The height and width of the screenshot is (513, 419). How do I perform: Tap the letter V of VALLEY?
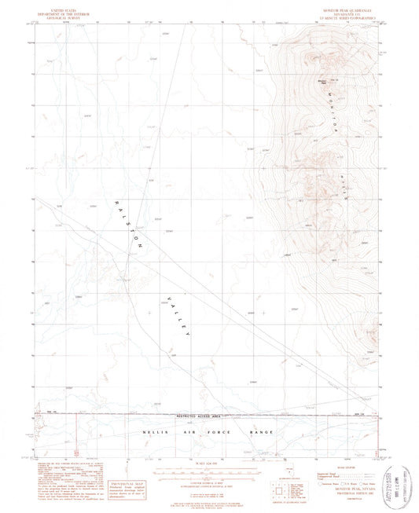160,296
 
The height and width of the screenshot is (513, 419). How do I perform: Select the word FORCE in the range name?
231,432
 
